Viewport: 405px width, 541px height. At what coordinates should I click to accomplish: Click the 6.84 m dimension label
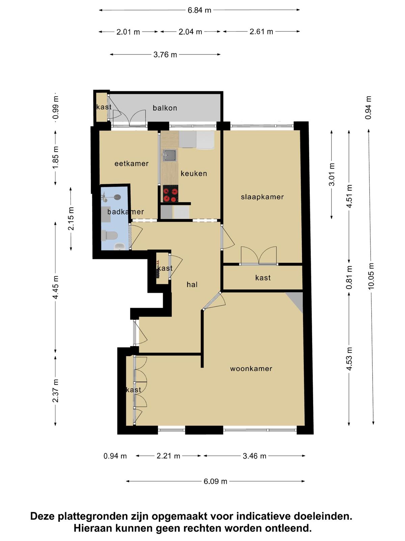(199, 10)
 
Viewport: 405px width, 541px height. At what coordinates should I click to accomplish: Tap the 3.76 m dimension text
(165, 54)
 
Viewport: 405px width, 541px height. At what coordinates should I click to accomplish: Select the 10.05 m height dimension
(371, 276)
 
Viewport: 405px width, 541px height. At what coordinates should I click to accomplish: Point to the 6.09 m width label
(215, 481)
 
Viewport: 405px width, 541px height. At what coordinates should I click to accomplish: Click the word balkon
(165, 108)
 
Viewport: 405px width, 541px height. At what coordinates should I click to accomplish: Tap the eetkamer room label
(132, 164)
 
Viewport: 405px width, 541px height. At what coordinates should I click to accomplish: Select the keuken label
(194, 173)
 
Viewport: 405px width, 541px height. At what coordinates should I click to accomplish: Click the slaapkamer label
(262, 197)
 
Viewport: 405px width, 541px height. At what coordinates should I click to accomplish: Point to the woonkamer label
(251, 369)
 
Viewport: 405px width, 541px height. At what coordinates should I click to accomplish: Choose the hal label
(192, 285)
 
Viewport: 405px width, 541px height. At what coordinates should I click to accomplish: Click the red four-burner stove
(170, 194)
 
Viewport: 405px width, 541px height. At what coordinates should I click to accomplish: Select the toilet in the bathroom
(109, 235)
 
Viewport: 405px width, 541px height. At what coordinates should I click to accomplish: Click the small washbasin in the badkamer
(120, 246)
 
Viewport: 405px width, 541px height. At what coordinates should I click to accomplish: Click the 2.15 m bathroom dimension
(71, 219)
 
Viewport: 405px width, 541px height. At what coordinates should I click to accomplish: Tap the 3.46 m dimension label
(254, 456)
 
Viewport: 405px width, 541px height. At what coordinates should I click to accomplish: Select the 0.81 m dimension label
(349, 277)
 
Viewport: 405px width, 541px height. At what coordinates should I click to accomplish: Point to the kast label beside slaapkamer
(263, 278)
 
